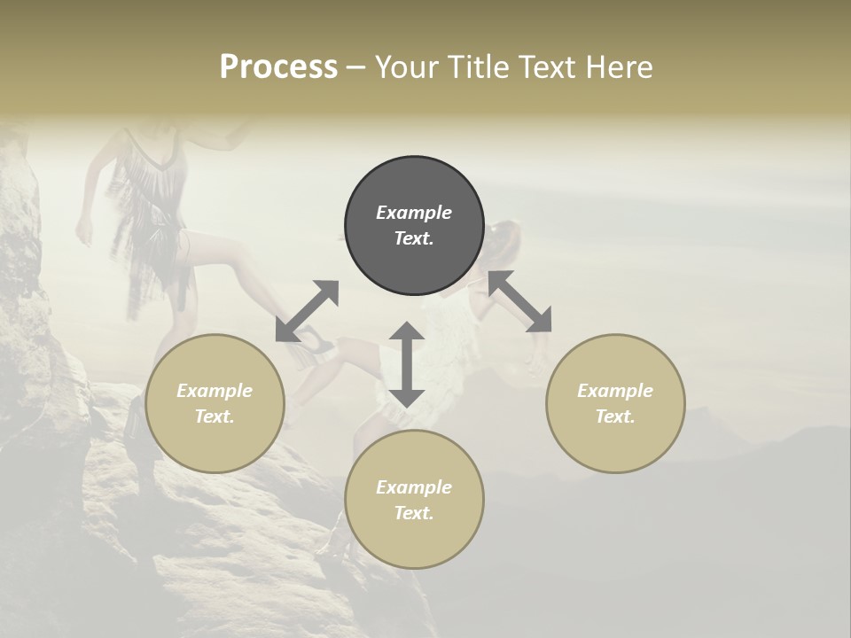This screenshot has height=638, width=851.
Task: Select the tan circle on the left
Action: coord(215,403)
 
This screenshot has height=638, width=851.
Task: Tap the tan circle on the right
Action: coord(615,403)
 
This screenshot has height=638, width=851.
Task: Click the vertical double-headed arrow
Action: coord(407,364)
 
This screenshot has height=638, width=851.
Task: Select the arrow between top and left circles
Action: coord(308,311)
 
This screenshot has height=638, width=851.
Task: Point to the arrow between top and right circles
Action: coord(519,301)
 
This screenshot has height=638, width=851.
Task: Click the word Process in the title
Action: coord(278,67)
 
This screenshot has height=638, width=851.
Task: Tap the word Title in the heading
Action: coord(480,67)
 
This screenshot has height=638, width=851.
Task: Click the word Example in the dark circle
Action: coord(414,213)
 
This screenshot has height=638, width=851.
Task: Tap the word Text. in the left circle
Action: coord(215,416)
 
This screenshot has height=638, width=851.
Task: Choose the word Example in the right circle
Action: coord(615,391)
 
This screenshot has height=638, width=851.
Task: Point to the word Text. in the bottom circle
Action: coord(414,513)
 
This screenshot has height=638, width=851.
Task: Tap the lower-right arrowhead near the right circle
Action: coord(539,322)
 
